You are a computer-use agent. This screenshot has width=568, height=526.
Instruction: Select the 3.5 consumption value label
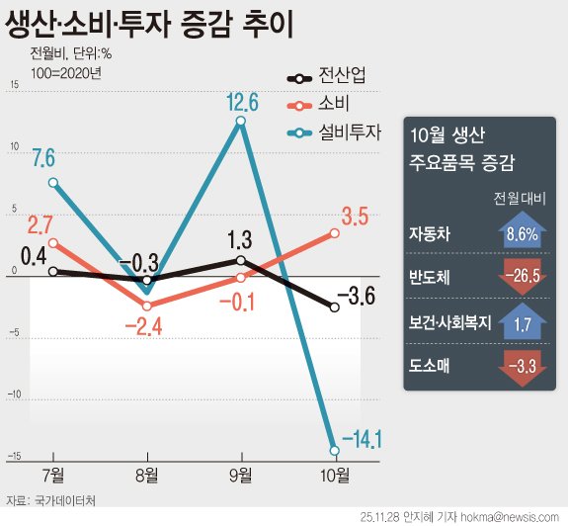pyautogui.click(x=356, y=216)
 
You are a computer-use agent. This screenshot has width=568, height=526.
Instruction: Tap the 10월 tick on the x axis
pyautogui.click(x=335, y=475)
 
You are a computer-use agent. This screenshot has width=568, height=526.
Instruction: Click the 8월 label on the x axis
pyautogui.click(x=146, y=475)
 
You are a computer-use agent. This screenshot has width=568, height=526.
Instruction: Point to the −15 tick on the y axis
pyautogui.click(x=14, y=456)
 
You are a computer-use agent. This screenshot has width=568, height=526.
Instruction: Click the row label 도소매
pyautogui.click(x=430, y=366)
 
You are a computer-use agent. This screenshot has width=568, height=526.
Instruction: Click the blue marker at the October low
pyautogui.click(x=335, y=450)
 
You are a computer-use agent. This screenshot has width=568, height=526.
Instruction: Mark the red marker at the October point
pyautogui.click(x=335, y=233)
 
